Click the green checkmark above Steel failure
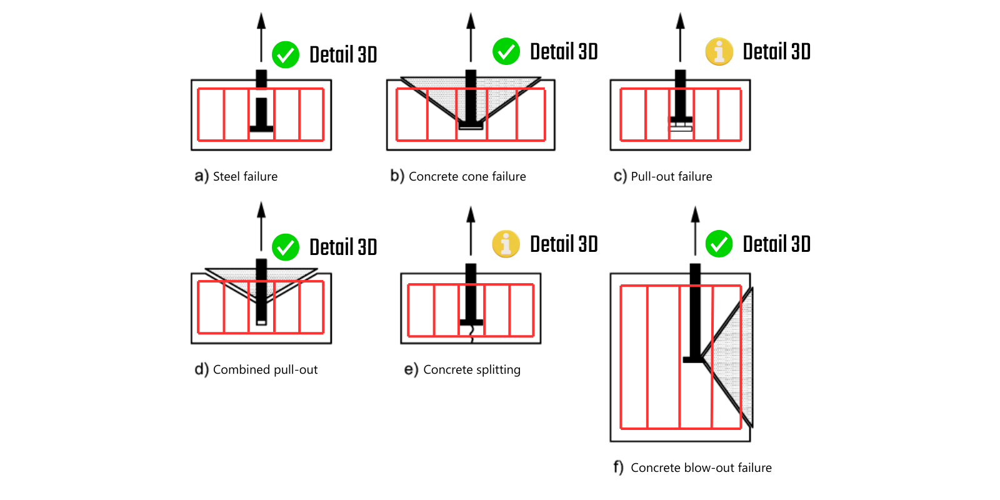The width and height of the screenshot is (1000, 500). pos(286,55)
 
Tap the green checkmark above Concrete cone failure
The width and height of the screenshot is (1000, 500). pos(506,51)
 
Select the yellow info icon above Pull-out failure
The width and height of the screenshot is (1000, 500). pos(719,51)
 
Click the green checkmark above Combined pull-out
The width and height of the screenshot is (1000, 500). pos(286,247)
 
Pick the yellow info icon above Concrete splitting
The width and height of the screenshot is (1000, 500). pos(506,244)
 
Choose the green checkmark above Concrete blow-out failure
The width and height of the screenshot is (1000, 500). pos(719,244)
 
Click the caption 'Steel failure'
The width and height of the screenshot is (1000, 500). pos(245,176)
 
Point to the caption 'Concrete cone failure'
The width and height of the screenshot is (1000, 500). pos(467,176)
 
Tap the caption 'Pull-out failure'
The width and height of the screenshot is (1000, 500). pos(671,176)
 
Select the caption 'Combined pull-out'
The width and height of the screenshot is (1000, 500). pos(265,369)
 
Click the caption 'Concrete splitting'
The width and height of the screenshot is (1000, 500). pos(471,369)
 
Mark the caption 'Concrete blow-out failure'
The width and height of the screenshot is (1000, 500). pos(701,467)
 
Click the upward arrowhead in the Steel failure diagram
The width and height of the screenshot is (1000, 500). pos(261,21)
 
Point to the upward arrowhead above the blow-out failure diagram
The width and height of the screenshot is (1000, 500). pos(695,214)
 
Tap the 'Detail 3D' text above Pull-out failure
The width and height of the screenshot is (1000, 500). pos(776,51)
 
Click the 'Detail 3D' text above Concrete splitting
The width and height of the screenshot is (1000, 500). pos(564,244)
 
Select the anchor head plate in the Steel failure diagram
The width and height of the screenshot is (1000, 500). pos(261,129)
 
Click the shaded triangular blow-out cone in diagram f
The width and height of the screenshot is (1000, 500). pos(737,356)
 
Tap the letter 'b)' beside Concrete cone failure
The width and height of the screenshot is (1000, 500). pos(397,176)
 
